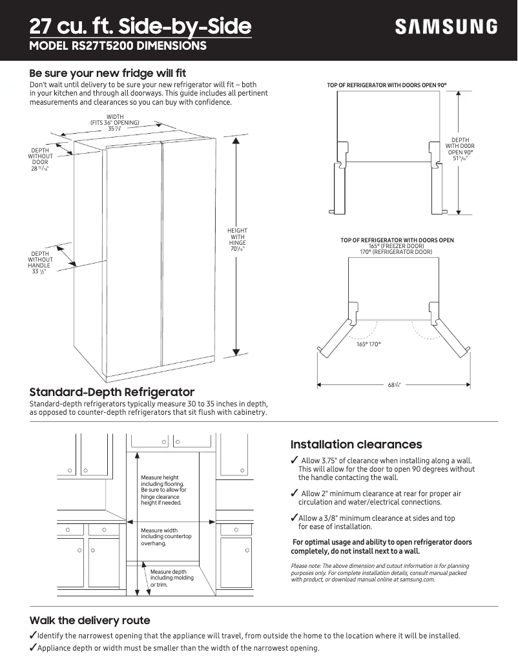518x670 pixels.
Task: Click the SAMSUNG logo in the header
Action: [446, 26]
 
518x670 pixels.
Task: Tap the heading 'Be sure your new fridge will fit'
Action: [108, 73]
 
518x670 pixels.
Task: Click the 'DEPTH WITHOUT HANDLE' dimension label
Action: [40, 262]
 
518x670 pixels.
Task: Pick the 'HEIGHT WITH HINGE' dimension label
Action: [237, 240]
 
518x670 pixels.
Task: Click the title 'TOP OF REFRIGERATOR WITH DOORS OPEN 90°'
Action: [386, 85]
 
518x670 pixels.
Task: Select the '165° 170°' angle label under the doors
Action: [369, 344]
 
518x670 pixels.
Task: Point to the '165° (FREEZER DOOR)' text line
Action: [397, 246]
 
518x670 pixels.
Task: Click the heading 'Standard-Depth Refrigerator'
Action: [112, 392]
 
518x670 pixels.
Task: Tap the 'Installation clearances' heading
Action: [356, 445]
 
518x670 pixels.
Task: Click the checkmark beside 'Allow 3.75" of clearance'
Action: [295, 460]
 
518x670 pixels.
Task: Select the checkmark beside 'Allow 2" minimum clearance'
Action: [295, 494]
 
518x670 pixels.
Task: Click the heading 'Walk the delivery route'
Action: [90, 620]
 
